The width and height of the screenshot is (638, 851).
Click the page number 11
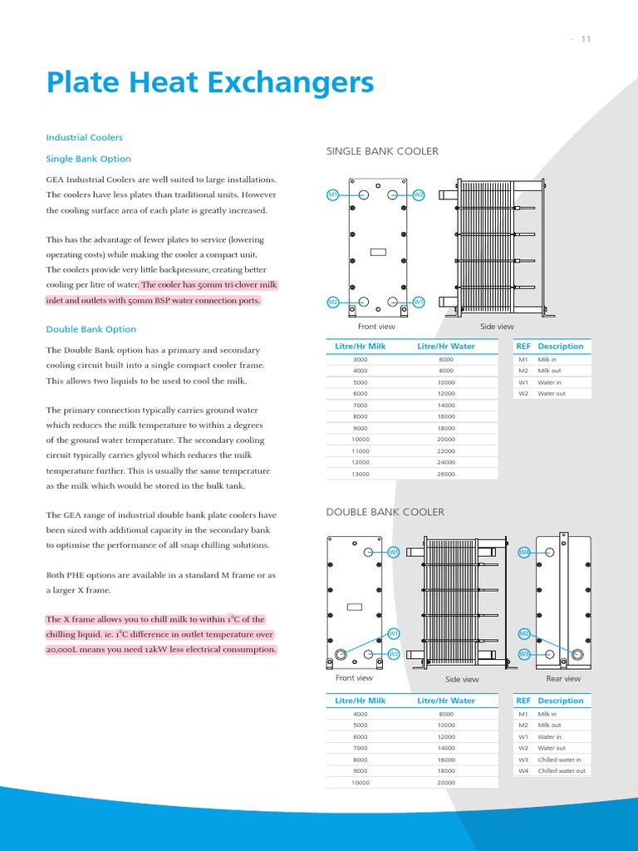point(586,39)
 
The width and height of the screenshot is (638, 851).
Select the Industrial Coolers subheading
point(84,137)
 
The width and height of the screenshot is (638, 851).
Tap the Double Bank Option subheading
point(91,329)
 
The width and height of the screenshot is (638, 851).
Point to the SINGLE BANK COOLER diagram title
point(382,151)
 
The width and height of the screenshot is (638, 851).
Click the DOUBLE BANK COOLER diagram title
point(385,512)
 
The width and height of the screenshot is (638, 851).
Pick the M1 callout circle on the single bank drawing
point(332,194)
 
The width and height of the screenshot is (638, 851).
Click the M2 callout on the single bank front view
point(332,302)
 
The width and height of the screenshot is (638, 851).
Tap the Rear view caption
point(563,679)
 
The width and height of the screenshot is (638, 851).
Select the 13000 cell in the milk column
point(360,474)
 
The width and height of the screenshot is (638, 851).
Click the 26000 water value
point(446,474)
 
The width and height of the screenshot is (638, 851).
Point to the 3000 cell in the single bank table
point(360,359)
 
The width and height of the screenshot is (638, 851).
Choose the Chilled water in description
point(559,760)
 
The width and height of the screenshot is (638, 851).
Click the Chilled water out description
point(562,770)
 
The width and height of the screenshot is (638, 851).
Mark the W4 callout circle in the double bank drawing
point(524,552)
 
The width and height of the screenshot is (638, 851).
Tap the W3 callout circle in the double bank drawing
point(524,654)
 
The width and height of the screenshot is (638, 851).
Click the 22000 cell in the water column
point(446,450)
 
